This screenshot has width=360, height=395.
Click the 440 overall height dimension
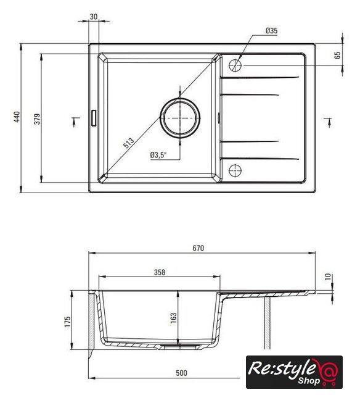pos(17,117)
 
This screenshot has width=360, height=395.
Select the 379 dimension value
pos(37,119)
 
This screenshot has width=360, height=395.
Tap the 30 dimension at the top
pos(93,17)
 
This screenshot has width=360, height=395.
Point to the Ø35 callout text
pos(271,31)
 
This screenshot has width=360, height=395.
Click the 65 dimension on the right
pos(338,55)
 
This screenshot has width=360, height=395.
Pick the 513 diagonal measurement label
pos(129,143)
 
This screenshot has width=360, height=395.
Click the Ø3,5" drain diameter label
pos(158,155)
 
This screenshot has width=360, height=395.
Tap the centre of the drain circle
pos(180,118)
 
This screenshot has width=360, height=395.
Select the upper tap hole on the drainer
pos(235,65)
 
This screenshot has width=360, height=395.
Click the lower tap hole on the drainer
pos(235,170)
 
